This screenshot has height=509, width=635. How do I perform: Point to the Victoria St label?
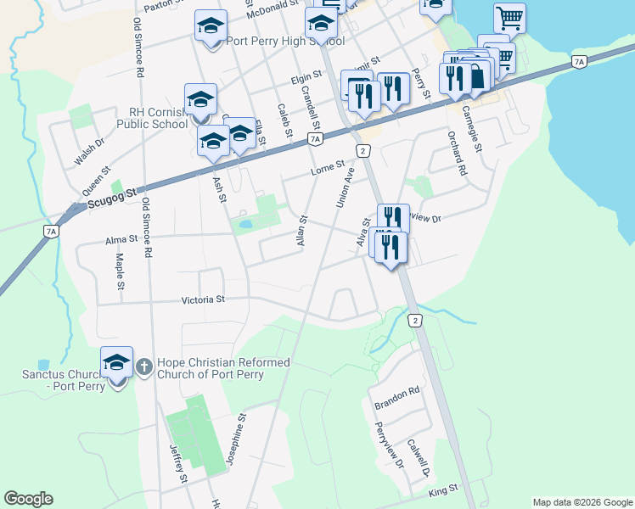point(203,299)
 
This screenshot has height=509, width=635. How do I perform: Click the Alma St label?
point(121,241)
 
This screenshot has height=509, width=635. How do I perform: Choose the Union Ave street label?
point(345,187)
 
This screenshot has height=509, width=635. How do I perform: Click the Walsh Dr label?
point(88,152)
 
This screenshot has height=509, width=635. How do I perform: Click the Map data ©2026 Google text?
point(582,502)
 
